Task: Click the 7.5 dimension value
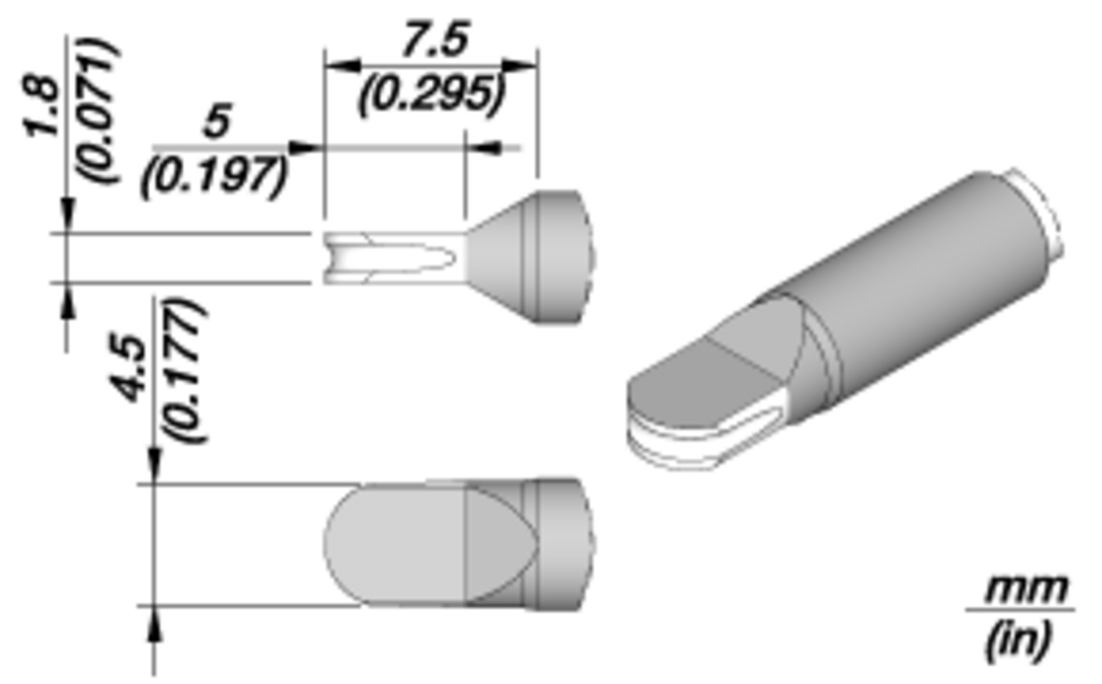(434, 40)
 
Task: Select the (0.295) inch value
(432, 93)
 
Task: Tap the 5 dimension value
(217, 121)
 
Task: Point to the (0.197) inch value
(214, 176)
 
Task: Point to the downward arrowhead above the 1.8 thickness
(68, 216)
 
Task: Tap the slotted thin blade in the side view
(389, 258)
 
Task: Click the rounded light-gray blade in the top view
(393, 544)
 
